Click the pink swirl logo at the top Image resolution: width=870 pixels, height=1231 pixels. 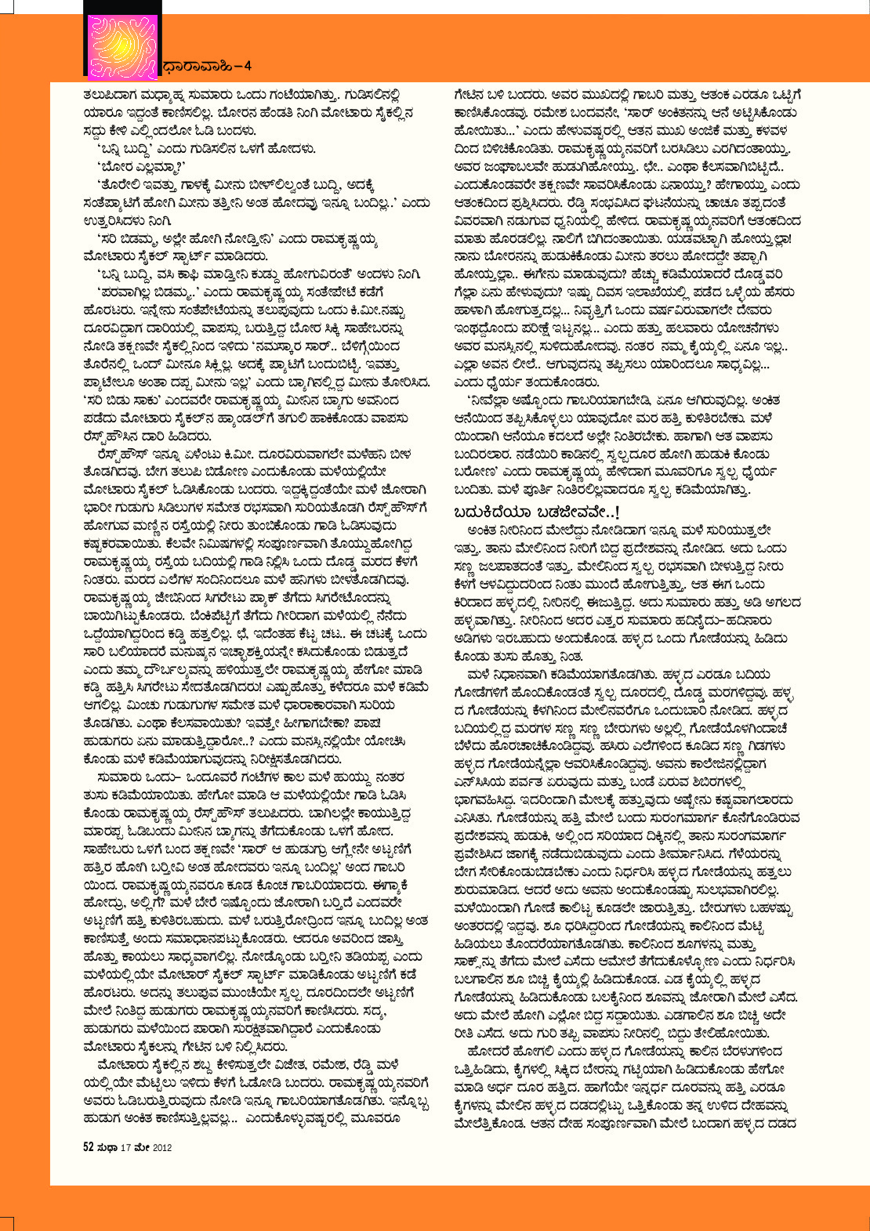(121, 47)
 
